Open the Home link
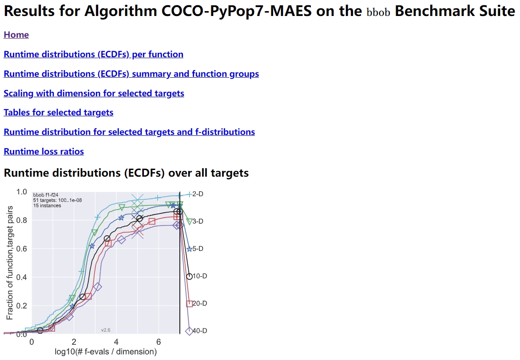click(x=16, y=35)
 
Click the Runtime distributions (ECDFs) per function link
click(x=93, y=54)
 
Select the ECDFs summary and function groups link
click(x=131, y=74)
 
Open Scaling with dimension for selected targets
click(x=94, y=93)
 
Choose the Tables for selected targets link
click(x=58, y=112)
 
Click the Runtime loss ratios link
click(x=44, y=151)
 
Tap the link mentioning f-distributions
click(x=129, y=132)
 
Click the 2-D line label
click(x=198, y=194)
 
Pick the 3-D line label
click(x=198, y=222)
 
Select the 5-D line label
click(x=198, y=249)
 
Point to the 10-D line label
click(x=200, y=276)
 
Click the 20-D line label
click(x=200, y=304)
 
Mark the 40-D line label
click(x=200, y=331)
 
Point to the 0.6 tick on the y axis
click(x=21, y=249)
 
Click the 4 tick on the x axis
click(x=116, y=342)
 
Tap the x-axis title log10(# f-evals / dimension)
click(x=105, y=352)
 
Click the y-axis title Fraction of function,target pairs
click(x=9, y=262)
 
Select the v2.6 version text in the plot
click(x=106, y=330)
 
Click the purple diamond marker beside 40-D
click(x=189, y=331)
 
